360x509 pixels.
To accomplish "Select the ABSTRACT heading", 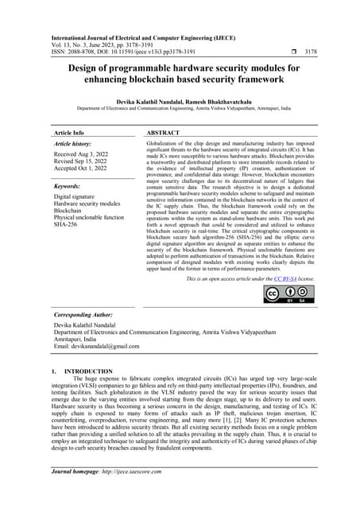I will click(x=168, y=134).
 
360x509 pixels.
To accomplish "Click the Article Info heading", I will click(x=72, y=134).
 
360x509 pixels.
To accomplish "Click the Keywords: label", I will click(x=69, y=186).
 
